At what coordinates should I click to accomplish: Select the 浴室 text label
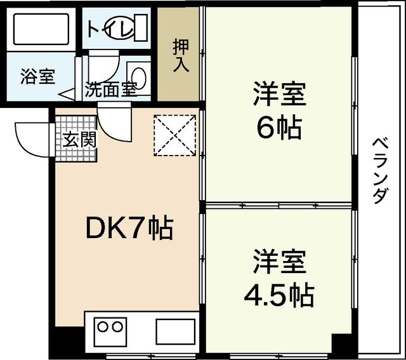pyautogui.click(x=37, y=78)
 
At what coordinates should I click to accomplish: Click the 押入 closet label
pyautogui.click(x=180, y=57)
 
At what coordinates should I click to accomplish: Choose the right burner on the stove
pyautogui.click(x=117, y=328)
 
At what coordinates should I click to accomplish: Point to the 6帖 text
pyautogui.click(x=278, y=129)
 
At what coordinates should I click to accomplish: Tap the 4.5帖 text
pyautogui.click(x=280, y=293)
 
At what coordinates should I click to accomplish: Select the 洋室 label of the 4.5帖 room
pyautogui.click(x=280, y=261)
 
